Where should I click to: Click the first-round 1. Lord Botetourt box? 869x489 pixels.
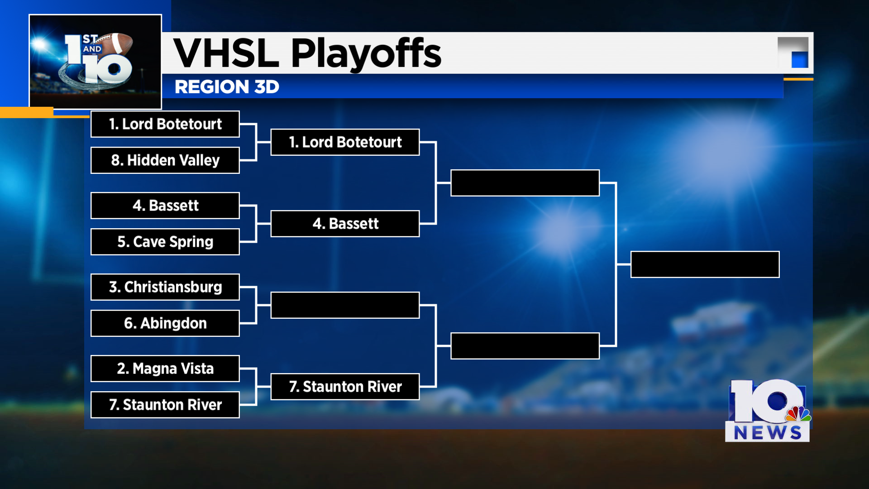(x=165, y=124)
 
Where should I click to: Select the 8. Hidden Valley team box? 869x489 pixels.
(x=165, y=160)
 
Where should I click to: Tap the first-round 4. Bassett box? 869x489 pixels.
(x=165, y=206)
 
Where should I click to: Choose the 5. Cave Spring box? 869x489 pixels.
(x=165, y=242)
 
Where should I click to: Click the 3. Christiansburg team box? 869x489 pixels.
(x=165, y=287)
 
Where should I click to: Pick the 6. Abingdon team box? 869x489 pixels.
(x=165, y=323)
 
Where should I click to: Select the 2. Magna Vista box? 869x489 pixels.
(x=165, y=369)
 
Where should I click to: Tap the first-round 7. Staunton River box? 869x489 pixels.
(x=165, y=405)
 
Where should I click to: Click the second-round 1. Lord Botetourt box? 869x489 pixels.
(x=345, y=142)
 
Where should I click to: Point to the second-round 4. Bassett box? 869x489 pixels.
(x=345, y=224)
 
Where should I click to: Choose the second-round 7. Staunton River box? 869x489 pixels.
(x=345, y=387)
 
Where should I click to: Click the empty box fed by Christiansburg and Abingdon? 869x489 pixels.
(x=345, y=305)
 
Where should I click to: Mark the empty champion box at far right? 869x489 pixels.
(x=705, y=264)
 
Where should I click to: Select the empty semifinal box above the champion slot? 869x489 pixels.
(x=525, y=183)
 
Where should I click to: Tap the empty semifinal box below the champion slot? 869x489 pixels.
(x=525, y=346)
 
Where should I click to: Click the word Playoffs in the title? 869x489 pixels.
(x=366, y=53)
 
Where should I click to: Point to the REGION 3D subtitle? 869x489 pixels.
(x=227, y=87)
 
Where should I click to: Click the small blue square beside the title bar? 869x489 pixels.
(x=799, y=60)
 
